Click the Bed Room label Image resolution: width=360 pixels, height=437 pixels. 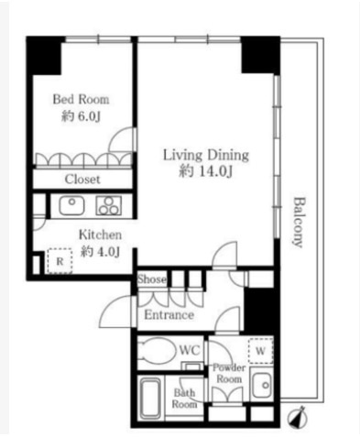[x=81, y=100]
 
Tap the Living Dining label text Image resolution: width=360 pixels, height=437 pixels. [x=206, y=155]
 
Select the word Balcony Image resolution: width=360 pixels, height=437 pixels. [x=299, y=222]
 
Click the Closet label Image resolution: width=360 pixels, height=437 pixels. [x=82, y=180]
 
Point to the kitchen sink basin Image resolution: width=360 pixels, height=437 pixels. [x=71, y=205]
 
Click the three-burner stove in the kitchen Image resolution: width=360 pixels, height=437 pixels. [x=109, y=205]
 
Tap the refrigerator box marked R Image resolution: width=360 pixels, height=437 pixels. [x=60, y=261]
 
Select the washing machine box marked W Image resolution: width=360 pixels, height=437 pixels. [x=260, y=351]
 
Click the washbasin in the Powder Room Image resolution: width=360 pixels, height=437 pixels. [x=262, y=385]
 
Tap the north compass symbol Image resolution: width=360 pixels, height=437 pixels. [x=297, y=417]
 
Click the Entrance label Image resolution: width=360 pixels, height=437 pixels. [x=169, y=315]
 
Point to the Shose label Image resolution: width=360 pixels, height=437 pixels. [x=152, y=279]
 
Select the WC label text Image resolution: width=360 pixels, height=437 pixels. [x=190, y=350]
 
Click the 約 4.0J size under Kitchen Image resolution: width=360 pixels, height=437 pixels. [x=100, y=252]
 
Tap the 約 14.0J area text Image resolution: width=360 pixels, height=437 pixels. [x=206, y=171]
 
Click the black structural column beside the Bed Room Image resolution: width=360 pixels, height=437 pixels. [x=46, y=56]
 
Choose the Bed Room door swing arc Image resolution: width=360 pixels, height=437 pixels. [x=116, y=135]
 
